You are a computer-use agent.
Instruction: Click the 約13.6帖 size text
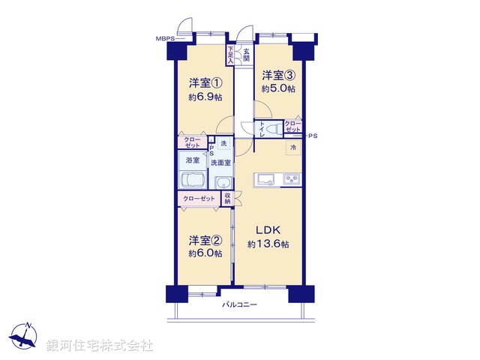click(x=268, y=244)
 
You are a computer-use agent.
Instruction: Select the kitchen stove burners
click(x=291, y=178)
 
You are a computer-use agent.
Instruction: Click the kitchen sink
click(x=265, y=178)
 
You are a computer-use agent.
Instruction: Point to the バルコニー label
click(x=240, y=304)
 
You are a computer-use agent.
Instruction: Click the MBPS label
click(x=165, y=37)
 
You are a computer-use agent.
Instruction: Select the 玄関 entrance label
click(x=246, y=54)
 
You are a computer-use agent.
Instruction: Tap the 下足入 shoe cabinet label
click(x=230, y=54)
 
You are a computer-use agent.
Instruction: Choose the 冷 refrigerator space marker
click(x=293, y=147)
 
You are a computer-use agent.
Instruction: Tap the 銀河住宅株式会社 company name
click(x=99, y=346)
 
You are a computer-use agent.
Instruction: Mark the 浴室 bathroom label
click(x=193, y=160)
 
